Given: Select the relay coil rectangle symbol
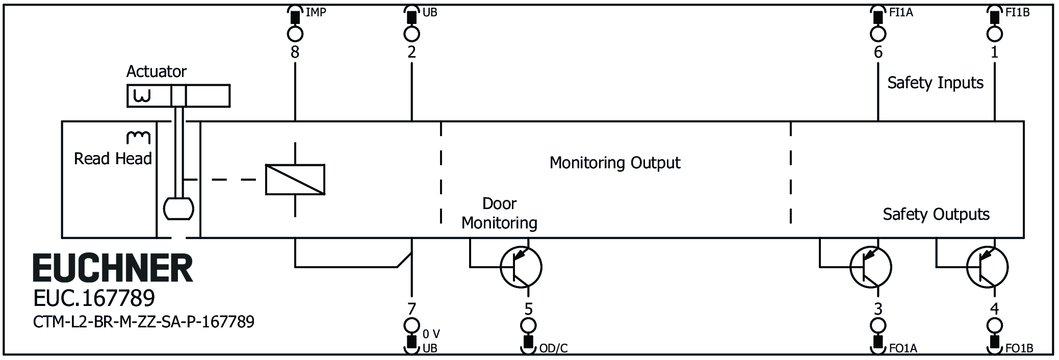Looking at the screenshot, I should [295, 179].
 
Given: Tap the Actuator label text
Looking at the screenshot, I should [157, 71].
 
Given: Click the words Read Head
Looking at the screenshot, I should [113, 159].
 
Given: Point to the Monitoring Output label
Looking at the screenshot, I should [614, 163].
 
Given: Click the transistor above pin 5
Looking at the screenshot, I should [521, 267].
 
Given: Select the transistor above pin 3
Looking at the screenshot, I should [870, 267].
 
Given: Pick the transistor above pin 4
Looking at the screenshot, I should [987, 267].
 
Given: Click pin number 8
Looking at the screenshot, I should [295, 52].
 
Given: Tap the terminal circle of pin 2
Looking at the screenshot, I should [411, 34].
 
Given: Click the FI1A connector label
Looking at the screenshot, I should [901, 13].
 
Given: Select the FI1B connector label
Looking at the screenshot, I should [1017, 13].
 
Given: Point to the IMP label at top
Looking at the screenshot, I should [316, 13].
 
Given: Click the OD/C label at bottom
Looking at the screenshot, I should [553, 349].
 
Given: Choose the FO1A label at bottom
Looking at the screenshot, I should [903, 349].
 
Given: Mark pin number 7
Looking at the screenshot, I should [411, 308].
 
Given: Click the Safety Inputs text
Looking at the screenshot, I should [935, 83].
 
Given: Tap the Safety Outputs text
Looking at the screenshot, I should [936, 214].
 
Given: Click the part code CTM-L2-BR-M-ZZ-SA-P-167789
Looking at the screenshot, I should [144, 322].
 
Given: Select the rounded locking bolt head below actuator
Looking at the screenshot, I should [178, 209].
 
